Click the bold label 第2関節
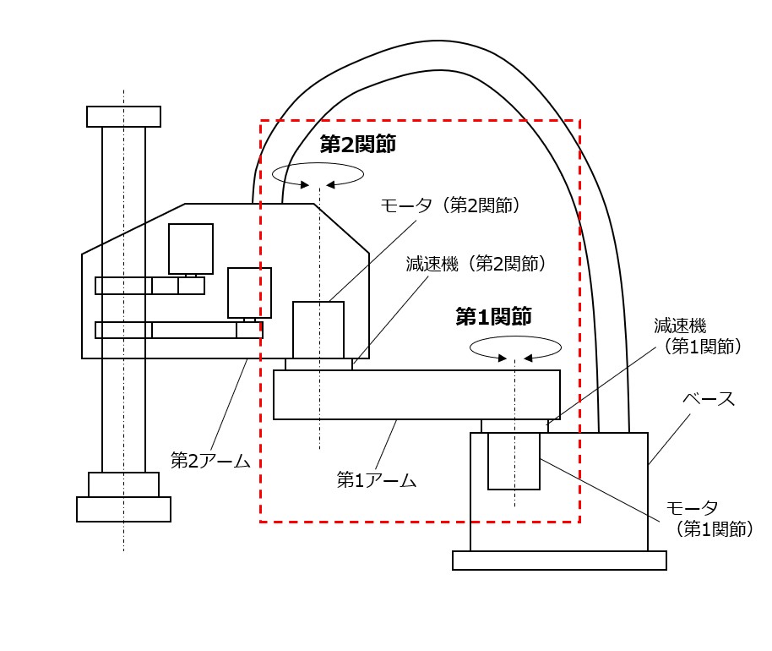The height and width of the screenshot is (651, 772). (357, 145)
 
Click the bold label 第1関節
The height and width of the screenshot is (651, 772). (493, 317)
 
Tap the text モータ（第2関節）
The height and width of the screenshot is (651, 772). (449, 205)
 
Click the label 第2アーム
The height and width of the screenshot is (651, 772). (210, 460)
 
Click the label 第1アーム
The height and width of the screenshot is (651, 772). (377, 480)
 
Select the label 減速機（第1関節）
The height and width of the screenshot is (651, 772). (697, 335)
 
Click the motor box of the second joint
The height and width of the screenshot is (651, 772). (318, 330)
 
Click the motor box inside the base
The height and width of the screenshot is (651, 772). (514, 461)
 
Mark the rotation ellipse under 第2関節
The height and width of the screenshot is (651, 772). (318, 174)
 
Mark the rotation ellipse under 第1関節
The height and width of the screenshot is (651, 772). (515, 347)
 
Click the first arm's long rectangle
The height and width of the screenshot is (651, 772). (416, 395)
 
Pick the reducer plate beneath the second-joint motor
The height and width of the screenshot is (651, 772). (318, 364)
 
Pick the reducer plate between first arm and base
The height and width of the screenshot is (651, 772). (514, 426)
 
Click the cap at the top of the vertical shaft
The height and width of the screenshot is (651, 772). (123, 117)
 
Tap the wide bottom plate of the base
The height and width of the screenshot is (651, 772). (559, 561)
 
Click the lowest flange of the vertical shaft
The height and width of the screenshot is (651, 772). (123, 509)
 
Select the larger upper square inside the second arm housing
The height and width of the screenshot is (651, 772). (191, 249)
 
